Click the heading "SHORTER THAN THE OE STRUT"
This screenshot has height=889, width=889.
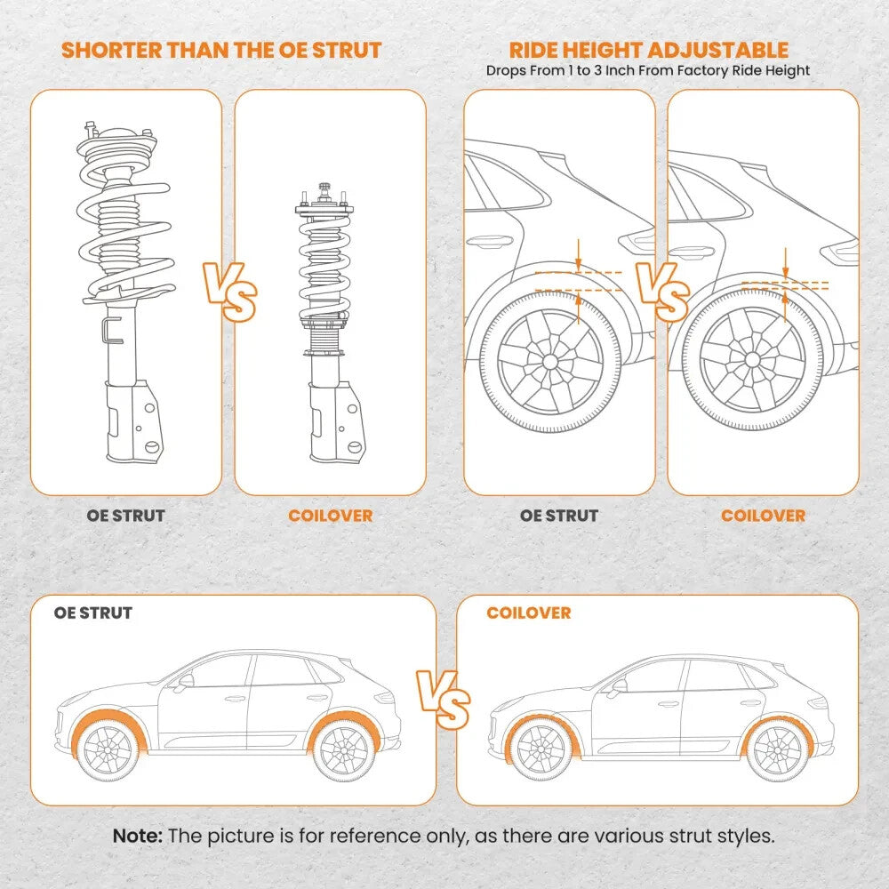[221, 50]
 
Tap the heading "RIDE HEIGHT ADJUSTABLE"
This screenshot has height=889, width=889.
[648, 50]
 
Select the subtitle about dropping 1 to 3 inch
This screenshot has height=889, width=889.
[648, 70]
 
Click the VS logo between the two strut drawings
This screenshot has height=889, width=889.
[229, 291]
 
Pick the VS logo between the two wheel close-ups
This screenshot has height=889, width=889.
[661, 291]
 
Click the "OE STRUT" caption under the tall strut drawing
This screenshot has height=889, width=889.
[125, 516]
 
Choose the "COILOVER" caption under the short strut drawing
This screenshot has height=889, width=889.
[330, 516]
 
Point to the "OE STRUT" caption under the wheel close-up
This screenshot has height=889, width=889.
[559, 516]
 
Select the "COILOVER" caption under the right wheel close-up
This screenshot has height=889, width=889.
[763, 516]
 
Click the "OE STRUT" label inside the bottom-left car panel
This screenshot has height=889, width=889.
[92, 613]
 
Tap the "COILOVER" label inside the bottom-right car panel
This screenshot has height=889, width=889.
[528, 613]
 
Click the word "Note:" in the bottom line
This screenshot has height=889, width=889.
[138, 837]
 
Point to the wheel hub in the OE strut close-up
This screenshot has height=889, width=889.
[549, 362]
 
